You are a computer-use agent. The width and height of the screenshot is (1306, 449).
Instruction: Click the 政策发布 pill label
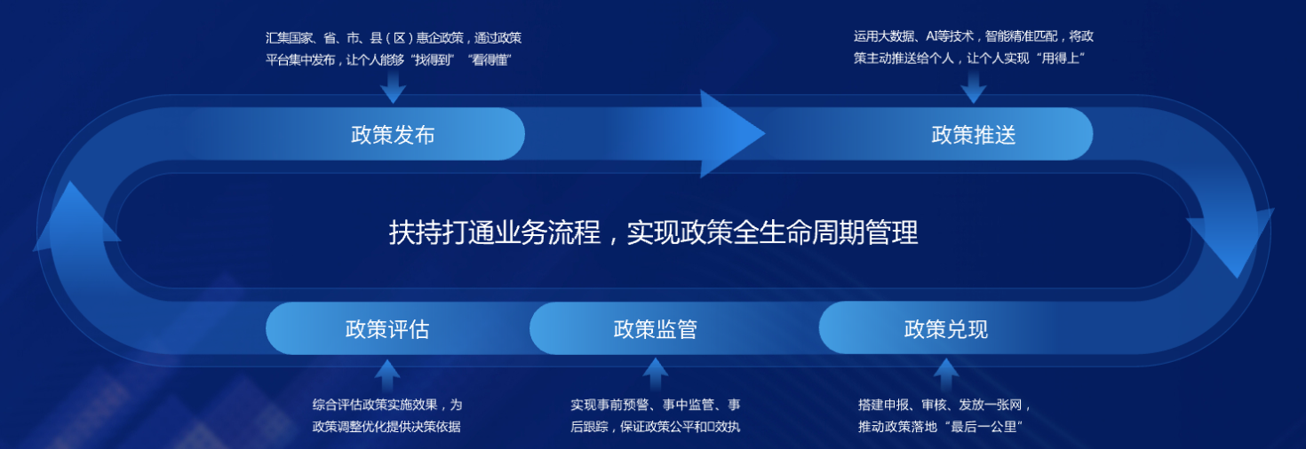[x=393, y=135]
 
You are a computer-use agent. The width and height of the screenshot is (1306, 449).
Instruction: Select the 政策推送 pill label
[x=973, y=135]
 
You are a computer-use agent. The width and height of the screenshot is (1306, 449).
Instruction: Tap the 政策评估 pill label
[x=387, y=329]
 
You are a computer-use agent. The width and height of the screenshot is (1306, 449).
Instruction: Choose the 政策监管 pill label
[x=655, y=329]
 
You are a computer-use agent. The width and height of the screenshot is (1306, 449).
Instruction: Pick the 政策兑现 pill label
[x=945, y=329]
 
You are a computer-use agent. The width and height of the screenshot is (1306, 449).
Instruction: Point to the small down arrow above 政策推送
[x=973, y=86]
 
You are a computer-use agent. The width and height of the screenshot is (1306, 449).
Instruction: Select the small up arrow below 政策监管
[x=655, y=374]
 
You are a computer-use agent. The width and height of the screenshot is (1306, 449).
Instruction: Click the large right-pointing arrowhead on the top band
[x=732, y=133]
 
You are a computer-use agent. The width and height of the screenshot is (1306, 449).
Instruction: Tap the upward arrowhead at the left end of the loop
[x=75, y=216]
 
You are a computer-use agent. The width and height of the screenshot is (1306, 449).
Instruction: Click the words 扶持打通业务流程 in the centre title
[x=494, y=232]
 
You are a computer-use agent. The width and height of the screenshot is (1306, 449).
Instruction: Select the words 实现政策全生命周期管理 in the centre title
[x=773, y=232]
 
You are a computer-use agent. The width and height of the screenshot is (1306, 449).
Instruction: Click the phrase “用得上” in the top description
[x=1060, y=59]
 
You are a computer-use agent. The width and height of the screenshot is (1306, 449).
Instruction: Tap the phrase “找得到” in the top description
[x=432, y=60]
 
